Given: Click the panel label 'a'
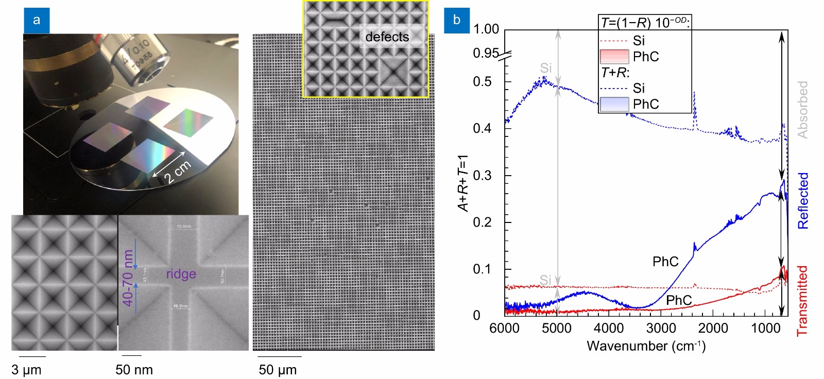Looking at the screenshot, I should point(36,20).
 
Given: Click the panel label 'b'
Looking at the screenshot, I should point(457,20).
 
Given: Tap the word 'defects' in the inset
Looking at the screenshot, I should point(387,37).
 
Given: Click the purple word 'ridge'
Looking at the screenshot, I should point(181,274).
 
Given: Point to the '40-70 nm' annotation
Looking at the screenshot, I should point(128,278).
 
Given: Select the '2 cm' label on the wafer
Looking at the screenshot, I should point(178,172).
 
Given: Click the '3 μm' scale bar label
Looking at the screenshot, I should point(26,370).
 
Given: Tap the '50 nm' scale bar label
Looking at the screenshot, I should point(134,370).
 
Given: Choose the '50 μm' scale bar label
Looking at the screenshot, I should point(278,370).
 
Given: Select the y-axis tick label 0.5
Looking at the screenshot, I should point(482,82).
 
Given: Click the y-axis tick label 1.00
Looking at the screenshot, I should point(486,29).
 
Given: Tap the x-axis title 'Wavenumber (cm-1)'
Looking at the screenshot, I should point(646,346).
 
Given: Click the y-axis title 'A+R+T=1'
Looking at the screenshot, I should point(463,183).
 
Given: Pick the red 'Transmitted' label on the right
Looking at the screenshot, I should point(802,301).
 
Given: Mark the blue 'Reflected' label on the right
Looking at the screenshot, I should point(803,201).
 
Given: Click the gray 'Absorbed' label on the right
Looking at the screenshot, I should point(802,110).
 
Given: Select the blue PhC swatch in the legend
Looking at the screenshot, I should point(614,104).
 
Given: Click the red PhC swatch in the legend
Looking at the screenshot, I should point(614,57).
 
